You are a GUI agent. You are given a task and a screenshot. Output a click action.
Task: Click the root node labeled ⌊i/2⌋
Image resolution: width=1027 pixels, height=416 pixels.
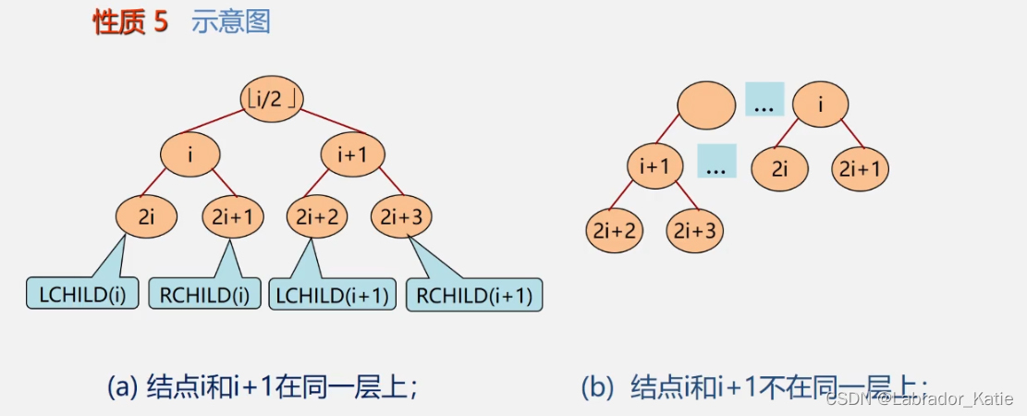pyautogui.click(x=272, y=98)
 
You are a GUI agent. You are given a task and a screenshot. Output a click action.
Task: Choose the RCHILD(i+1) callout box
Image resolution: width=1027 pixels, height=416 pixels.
pyautogui.click(x=474, y=295)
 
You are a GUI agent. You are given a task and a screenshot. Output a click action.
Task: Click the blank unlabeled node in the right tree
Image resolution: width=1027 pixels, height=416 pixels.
pyautogui.click(x=707, y=105)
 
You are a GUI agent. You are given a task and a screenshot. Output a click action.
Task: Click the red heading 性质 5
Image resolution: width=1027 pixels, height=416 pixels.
pyautogui.click(x=130, y=23)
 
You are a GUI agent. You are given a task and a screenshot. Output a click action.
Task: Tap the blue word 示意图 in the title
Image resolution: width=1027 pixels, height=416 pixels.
pyautogui.click(x=231, y=23)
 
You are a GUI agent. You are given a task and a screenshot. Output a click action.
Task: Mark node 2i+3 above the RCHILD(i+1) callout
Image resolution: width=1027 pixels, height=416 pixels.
pyautogui.click(x=401, y=217)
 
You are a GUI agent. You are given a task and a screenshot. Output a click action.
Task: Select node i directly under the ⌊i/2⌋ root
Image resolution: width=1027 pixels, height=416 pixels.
pyautogui.click(x=190, y=155)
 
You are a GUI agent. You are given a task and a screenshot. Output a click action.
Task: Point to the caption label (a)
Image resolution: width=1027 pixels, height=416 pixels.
pyautogui.click(x=123, y=386)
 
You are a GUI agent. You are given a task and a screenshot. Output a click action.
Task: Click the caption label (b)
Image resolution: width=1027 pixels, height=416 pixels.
pyautogui.click(x=596, y=386)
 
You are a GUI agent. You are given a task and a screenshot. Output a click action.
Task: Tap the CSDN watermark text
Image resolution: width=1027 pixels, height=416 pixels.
pyautogui.click(x=920, y=398)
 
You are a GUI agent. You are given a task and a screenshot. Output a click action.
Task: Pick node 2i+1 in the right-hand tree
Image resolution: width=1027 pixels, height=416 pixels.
pyautogui.click(x=861, y=168)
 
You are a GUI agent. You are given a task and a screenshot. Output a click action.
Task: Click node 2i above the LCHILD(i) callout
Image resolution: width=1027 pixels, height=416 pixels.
pyautogui.click(x=146, y=217)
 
